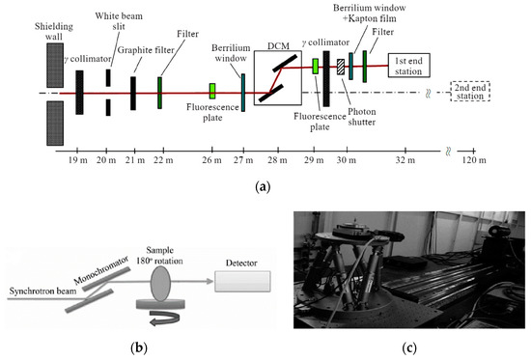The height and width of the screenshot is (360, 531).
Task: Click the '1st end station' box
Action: click(x=416, y=66)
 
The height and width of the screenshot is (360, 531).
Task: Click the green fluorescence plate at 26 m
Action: click(x=211, y=90)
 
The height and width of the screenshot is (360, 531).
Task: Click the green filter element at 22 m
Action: click(x=159, y=93)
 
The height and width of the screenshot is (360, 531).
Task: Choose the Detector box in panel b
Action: click(x=240, y=282)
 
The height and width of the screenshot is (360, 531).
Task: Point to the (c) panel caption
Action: click(x=410, y=345)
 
